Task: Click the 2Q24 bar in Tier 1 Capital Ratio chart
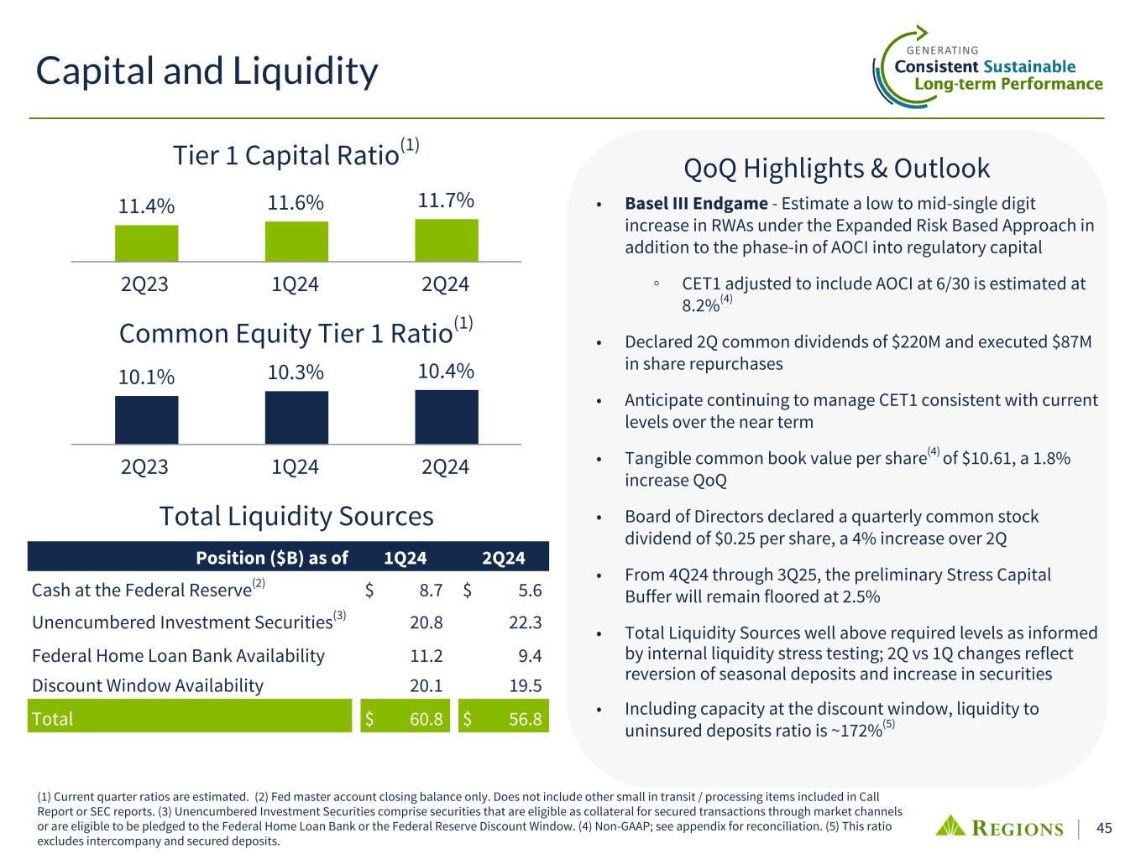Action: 447,241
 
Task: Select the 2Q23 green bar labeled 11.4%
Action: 147,243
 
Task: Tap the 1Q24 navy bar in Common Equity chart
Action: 296,417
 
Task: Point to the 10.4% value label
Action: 447,371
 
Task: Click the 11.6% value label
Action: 296,203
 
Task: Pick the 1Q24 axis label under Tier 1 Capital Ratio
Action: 296,284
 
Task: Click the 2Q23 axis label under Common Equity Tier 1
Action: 145,466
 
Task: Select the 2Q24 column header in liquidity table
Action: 504,558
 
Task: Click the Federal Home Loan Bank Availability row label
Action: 178,655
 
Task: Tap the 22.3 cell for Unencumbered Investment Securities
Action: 526,622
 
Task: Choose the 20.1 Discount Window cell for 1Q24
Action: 426,685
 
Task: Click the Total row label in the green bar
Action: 53,719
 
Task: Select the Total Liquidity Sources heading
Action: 296,516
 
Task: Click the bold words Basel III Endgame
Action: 696,204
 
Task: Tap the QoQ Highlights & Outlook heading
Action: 837,169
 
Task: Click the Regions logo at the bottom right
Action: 999,827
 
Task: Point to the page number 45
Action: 1105,828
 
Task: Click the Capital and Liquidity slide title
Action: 207,71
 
